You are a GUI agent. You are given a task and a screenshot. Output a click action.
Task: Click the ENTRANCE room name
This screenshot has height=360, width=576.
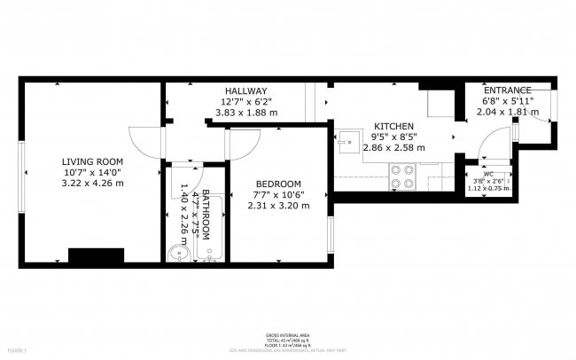(x=507, y=90)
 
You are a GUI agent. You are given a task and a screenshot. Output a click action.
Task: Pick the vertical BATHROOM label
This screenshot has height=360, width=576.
(x=206, y=215)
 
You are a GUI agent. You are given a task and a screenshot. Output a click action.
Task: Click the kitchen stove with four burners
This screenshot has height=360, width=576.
(x=402, y=177)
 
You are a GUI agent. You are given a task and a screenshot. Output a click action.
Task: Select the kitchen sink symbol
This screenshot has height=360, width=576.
(x=350, y=140)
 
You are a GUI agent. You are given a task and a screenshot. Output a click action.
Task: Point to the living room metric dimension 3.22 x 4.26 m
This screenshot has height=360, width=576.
(x=92, y=183)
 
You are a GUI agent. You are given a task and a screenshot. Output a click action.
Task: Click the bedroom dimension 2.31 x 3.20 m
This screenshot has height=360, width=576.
(x=279, y=206)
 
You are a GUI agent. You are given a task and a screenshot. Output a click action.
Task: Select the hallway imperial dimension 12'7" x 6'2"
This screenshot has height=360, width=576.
(x=245, y=102)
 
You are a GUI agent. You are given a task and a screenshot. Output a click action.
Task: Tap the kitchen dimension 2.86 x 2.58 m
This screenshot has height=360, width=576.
(x=394, y=149)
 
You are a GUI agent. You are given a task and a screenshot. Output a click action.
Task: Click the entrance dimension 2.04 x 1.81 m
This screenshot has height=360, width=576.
(x=507, y=113)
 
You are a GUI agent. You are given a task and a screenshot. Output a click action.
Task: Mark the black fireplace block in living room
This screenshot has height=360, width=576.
(x=95, y=255)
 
